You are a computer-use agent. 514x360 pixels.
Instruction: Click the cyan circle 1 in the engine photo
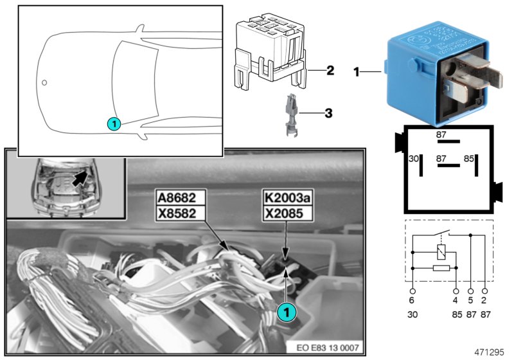tap(287, 311)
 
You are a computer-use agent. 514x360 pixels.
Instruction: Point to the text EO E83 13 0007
tap(326, 348)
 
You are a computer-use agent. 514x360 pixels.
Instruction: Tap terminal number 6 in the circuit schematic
tap(412, 300)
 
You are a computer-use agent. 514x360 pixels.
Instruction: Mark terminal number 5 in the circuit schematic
tap(471, 300)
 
